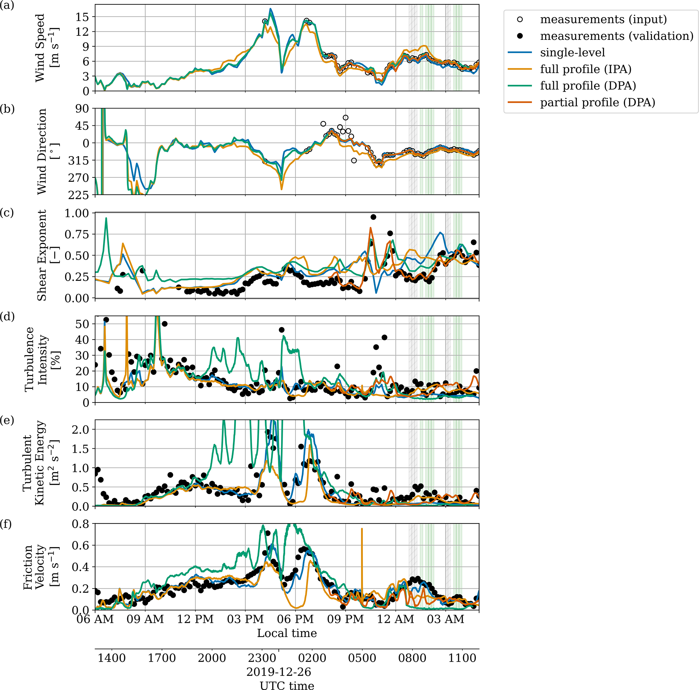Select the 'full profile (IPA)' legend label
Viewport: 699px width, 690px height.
(x=585, y=69)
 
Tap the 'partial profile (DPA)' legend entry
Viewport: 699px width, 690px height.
(x=597, y=103)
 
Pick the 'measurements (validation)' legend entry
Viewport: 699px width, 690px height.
(x=616, y=36)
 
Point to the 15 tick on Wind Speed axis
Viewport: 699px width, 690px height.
(x=83, y=17)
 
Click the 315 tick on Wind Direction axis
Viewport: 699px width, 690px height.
(x=79, y=161)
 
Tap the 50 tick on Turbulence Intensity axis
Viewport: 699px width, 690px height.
(x=83, y=324)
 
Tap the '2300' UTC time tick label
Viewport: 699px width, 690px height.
(x=262, y=658)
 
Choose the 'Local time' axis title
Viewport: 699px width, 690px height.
(x=287, y=633)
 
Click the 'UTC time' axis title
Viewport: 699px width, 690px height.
(x=287, y=686)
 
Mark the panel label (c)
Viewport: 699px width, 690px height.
(x=7, y=213)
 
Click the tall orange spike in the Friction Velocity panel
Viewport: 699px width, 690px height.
(x=362, y=553)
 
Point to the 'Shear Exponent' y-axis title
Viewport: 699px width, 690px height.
(x=42, y=255)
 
